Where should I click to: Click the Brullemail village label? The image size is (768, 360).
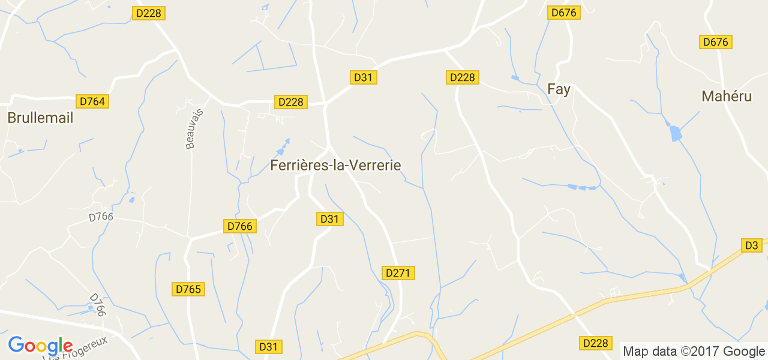(40, 118)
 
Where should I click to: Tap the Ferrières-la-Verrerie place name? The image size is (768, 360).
(335, 165)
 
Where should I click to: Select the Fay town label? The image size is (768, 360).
(559, 89)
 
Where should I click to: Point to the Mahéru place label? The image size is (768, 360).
(726, 96)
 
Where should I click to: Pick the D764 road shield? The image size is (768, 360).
(92, 101)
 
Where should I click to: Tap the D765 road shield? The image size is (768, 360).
(189, 289)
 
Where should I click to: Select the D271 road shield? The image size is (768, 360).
(398, 273)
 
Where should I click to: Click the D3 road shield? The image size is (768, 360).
(752, 245)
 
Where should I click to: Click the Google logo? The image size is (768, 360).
(40, 346)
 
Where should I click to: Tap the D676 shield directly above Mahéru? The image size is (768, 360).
(716, 42)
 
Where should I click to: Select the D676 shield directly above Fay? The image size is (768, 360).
(565, 13)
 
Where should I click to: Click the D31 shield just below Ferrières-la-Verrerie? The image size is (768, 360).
(329, 219)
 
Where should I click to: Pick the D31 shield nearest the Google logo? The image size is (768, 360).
(269, 346)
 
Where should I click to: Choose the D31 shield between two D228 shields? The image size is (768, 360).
(363, 77)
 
